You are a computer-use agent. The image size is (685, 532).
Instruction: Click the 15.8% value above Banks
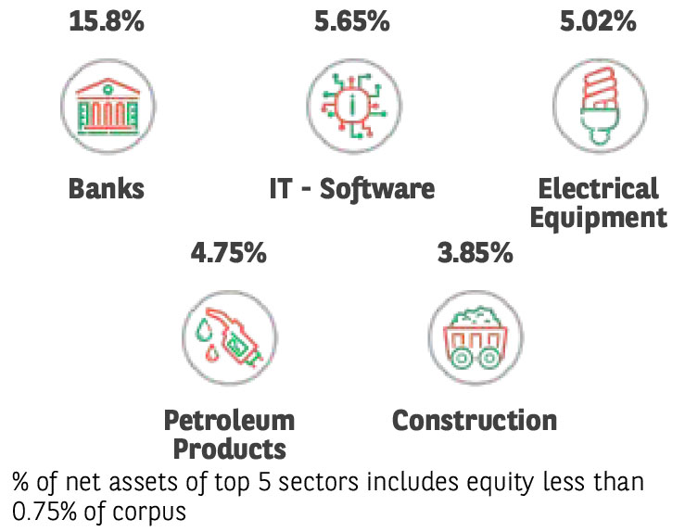click(107, 20)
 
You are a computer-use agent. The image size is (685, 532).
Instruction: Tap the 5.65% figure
click(350, 20)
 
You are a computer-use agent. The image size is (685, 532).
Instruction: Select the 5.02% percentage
click(598, 20)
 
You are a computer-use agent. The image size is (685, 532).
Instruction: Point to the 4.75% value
click(228, 252)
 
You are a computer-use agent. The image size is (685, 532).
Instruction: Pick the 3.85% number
click(475, 252)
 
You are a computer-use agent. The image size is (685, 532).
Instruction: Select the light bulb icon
click(599, 103)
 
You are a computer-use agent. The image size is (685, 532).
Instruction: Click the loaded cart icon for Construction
click(476, 336)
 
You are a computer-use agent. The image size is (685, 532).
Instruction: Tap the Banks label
click(107, 189)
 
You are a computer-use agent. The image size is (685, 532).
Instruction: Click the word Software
click(384, 189)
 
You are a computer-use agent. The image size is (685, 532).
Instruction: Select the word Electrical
click(599, 189)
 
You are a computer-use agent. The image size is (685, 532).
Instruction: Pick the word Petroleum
click(229, 420)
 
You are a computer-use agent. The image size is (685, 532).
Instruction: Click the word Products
click(229, 450)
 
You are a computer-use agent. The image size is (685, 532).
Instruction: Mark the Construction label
click(475, 420)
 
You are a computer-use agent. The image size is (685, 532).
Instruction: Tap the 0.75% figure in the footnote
click(47, 511)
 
